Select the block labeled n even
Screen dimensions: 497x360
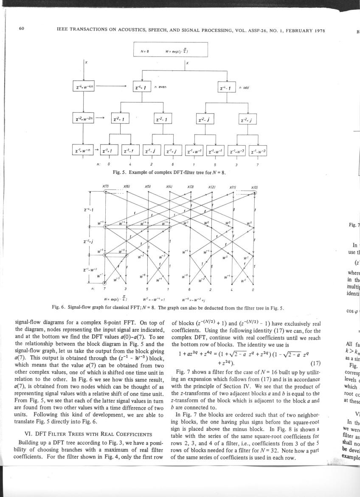(x=142, y=88)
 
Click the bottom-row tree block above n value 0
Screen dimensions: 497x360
(x=109, y=150)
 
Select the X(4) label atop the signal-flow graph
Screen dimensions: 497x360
(x=169, y=186)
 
